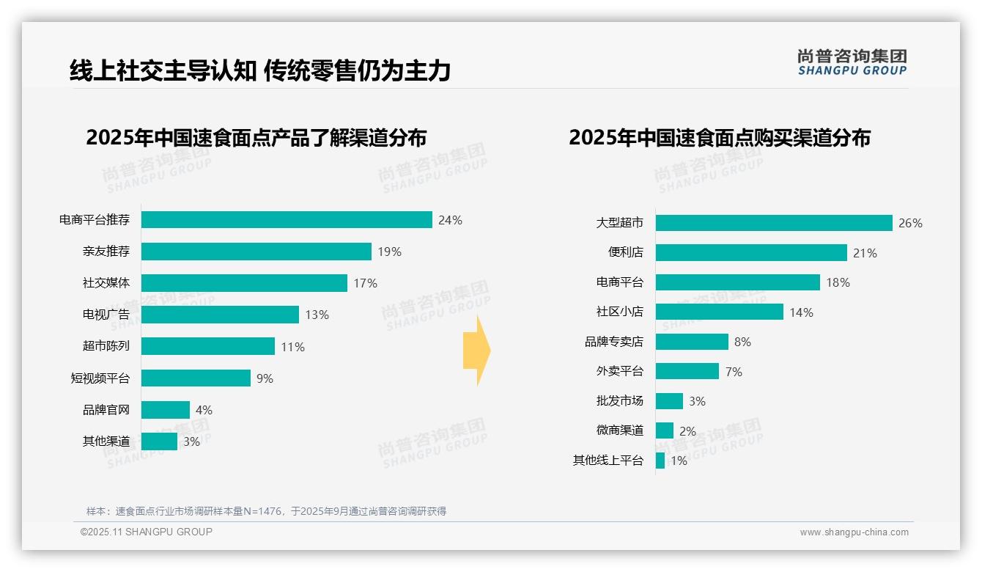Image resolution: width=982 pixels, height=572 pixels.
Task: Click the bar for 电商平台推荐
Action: (287, 220)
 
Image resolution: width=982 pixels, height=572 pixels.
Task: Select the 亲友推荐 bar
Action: (256, 252)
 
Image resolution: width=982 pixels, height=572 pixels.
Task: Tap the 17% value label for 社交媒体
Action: (365, 283)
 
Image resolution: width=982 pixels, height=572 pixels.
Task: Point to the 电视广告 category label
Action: (106, 315)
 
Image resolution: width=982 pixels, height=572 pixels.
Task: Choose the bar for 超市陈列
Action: (207, 346)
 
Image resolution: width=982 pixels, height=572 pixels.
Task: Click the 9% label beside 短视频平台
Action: (265, 378)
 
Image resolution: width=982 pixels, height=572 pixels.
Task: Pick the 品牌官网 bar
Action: (165, 410)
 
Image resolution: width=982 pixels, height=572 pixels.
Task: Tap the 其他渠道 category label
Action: (106, 441)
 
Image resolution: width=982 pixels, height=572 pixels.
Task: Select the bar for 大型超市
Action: (774, 223)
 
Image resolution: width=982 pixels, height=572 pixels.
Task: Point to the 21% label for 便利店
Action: (865, 253)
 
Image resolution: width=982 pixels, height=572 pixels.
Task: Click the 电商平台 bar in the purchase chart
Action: (737, 282)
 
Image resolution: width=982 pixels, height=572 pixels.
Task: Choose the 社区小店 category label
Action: (620, 312)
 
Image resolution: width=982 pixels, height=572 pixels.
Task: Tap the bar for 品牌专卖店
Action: (692, 342)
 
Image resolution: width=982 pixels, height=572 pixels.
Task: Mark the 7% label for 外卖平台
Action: (734, 372)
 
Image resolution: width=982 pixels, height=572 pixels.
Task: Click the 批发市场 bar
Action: (669, 401)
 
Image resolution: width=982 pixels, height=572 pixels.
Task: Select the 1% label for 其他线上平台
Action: (679, 461)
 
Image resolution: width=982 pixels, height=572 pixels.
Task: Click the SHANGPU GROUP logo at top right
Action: (852, 62)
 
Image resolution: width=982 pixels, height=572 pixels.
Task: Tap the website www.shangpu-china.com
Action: (854, 532)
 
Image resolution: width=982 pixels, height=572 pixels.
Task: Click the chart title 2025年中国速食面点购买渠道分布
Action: (719, 138)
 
